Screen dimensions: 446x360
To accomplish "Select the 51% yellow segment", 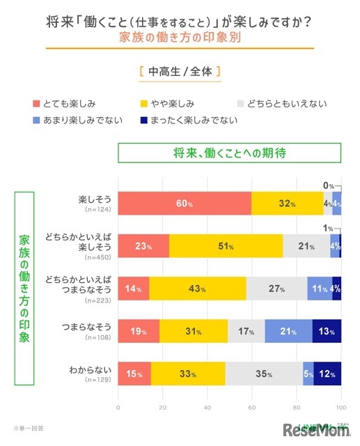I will tap(226, 245).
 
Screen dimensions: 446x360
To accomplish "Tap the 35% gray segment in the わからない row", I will tap(264, 374).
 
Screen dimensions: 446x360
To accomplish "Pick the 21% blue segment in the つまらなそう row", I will tap(288, 331).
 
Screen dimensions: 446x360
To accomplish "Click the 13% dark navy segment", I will tap(327, 331).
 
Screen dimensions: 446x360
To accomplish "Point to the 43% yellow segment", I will tap(198, 288).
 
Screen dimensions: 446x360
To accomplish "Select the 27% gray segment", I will tap(276, 288).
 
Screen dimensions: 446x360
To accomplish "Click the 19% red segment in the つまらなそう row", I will tap(139, 331).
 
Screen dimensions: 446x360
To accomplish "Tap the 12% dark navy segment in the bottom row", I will tap(327, 374).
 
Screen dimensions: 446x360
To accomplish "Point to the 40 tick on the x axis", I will tap(208, 408).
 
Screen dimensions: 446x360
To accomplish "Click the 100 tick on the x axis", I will tap(341, 408).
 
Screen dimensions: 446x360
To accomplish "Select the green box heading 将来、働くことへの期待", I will tap(229, 152).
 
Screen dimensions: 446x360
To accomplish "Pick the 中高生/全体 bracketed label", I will tap(180, 72).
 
